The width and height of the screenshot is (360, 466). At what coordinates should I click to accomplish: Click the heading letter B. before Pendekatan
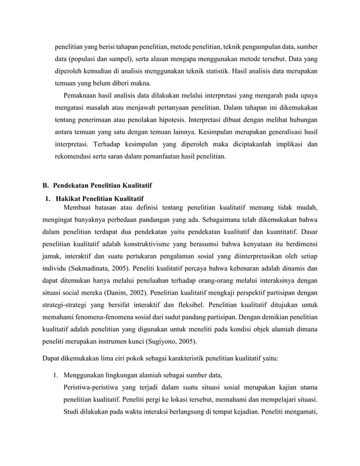pyautogui.click(x=46, y=186)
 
